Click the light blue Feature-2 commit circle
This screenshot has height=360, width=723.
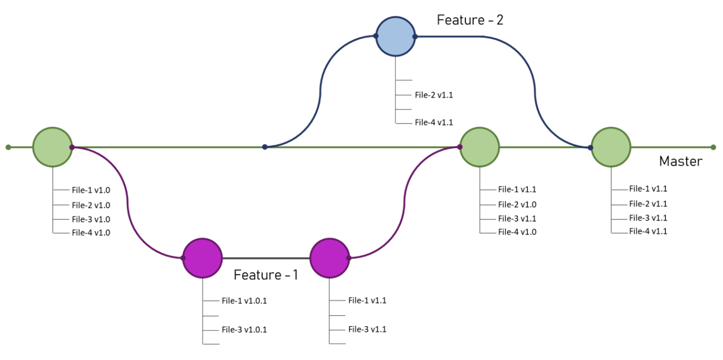click(x=395, y=37)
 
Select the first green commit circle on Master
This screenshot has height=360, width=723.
click(x=53, y=147)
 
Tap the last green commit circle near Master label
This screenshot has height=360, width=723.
click(x=611, y=147)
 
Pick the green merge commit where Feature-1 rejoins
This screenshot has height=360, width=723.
click(x=479, y=147)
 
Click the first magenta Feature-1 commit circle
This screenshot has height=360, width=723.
click(x=203, y=258)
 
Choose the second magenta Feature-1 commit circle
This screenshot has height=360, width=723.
click(x=330, y=258)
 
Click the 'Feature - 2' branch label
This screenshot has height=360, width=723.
click(x=470, y=20)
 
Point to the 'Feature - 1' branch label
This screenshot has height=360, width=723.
click(x=266, y=275)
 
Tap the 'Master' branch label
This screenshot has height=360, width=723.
click(x=680, y=161)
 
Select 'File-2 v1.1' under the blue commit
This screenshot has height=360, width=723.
click(x=430, y=95)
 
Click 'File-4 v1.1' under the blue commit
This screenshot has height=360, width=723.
click(x=430, y=122)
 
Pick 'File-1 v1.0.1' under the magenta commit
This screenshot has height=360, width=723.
click(x=244, y=301)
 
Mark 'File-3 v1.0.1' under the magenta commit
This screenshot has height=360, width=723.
click(x=244, y=329)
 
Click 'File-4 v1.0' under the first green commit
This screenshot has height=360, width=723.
click(x=91, y=233)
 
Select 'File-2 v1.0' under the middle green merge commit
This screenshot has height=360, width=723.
click(x=517, y=204)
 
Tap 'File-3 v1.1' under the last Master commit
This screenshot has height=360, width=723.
click(x=648, y=218)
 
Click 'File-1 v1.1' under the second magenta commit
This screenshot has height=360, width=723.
click(x=367, y=300)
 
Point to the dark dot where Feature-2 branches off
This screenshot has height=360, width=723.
click(x=265, y=147)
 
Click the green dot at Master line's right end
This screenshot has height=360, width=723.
click(x=713, y=147)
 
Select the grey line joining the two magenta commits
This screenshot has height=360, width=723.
click(x=266, y=258)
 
